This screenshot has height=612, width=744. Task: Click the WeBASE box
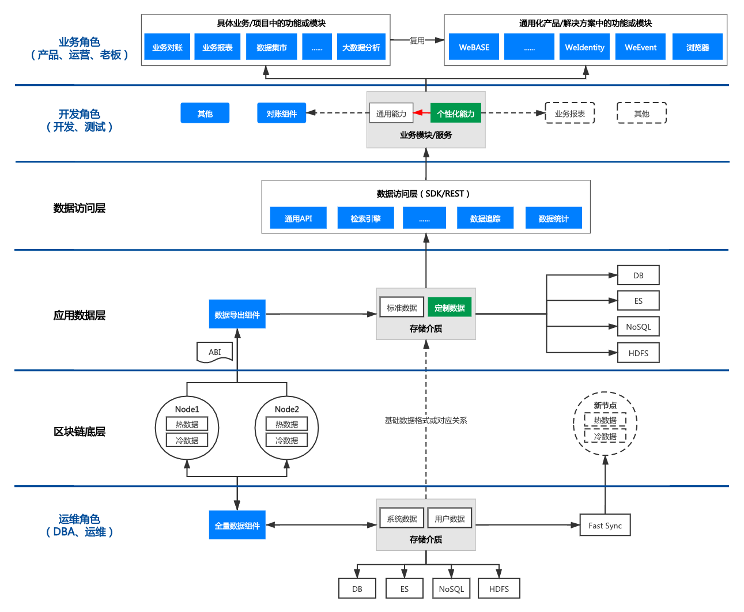474,47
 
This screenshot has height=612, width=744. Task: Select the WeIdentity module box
584,47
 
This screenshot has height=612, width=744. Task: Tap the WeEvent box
640,47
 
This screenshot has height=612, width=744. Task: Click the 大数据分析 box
361,47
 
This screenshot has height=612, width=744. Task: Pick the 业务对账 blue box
167,47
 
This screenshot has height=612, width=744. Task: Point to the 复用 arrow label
417,40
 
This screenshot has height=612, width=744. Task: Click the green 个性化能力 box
455,114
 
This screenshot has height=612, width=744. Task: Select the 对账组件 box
281,114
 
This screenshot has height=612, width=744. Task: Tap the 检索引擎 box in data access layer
365,218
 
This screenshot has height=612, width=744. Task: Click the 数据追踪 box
485,218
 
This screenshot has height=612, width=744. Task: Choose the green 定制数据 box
450,308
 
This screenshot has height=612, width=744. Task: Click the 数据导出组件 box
237,315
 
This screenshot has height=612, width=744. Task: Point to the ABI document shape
215,352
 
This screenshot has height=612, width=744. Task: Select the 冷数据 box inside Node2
286,440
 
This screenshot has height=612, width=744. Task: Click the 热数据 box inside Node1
187,424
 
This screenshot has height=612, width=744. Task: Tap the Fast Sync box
605,526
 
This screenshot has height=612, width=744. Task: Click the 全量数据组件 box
237,526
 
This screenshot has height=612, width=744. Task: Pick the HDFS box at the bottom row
498,589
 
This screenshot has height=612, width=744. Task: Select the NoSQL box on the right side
638,327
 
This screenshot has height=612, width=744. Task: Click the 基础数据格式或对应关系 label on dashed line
426,420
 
